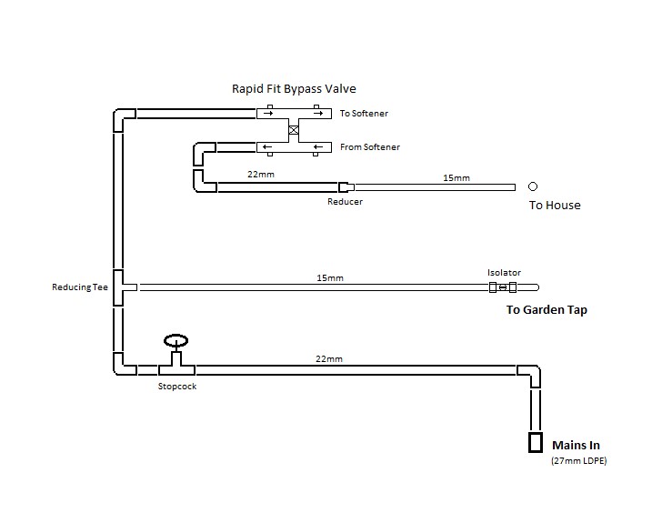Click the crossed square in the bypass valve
tap(293, 130)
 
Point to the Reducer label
tap(345, 202)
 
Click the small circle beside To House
tap(533, 186)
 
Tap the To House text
tap(555, 206)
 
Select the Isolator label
tap(503, 272)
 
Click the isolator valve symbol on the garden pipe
tap(503, 287)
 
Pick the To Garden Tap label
tap(547, 310)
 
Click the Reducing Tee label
tap(79, 287)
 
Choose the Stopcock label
tap(176, 387)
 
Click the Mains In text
tap(577, 446)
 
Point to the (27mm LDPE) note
tap(578, 462)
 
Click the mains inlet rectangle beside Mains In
tap(536, 443)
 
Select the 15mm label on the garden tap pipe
tap(329, 277)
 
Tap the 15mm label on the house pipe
tap(456, 177)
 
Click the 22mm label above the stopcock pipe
tap(328, 359)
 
